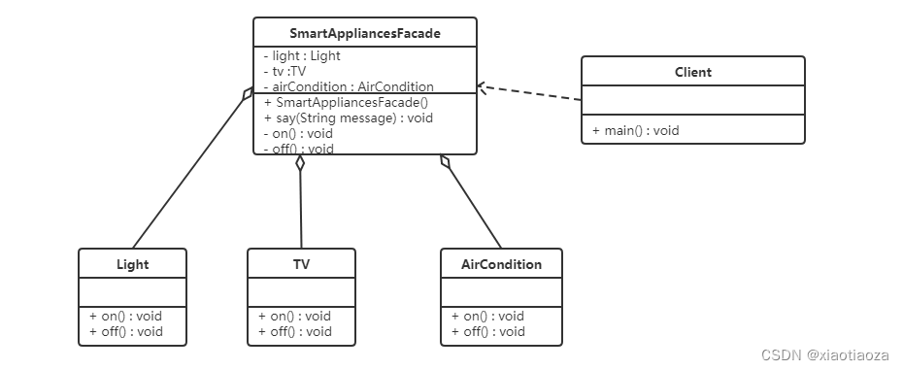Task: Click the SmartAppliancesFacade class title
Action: coord(365,33)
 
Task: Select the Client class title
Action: coord(693,72)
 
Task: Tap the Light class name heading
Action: coord(132,264)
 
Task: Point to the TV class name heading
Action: coord(301,264)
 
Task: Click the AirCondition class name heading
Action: coord(501,264)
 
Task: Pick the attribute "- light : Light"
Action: coord(302,56)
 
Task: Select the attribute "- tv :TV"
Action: coord(284,72)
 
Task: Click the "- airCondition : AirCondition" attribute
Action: coord(349,86)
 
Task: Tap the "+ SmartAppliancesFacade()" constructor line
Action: coord(346,103)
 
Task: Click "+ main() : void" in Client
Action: coord(636,130)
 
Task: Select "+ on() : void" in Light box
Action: coord(125,316)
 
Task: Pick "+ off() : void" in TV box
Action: coord(295,331)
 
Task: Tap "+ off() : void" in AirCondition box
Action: coord(487,331)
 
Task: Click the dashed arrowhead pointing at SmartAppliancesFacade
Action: coord(482,87)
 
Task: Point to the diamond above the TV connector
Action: coord(300,163)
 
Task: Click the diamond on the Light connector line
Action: coord(248,93)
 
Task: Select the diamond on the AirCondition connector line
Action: coord(444,161)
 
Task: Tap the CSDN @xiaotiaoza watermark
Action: coord(824,355)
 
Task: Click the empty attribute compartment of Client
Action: coord(693,100)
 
